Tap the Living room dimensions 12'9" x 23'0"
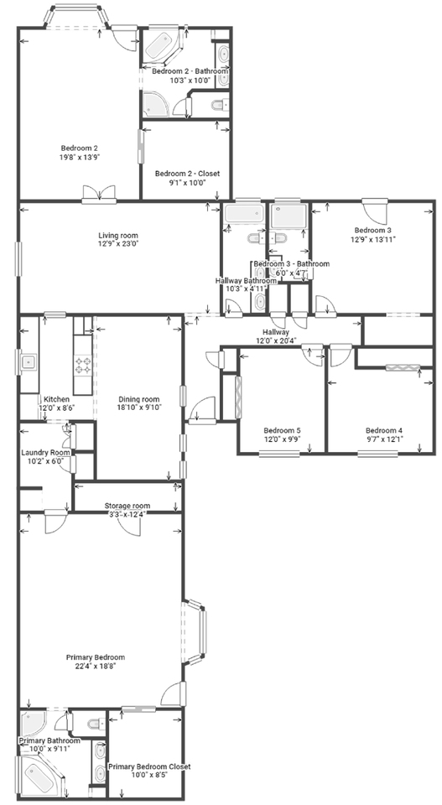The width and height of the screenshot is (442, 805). [x=117, y=244]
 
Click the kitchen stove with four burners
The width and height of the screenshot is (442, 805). [x=84, y=365]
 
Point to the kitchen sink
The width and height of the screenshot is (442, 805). [x=28, y=362]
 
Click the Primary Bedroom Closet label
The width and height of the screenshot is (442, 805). [x=148, y=766]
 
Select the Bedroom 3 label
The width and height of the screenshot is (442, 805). [x=372, y=230]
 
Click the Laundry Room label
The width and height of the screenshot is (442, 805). [x=45, y=452]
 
